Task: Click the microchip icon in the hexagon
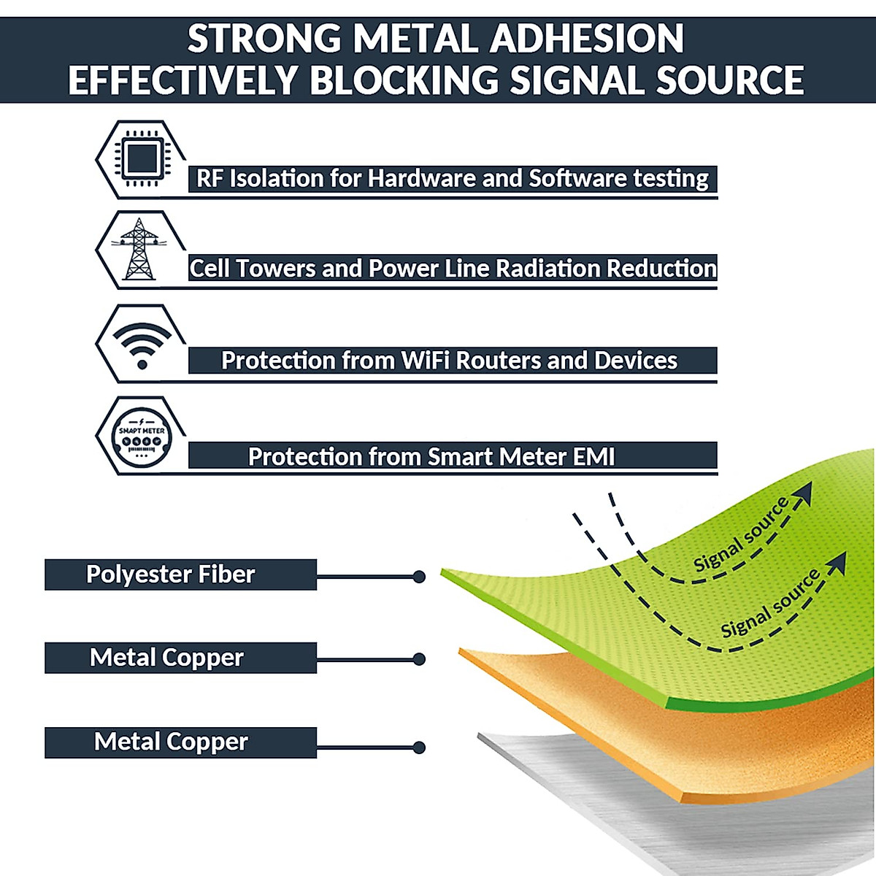pyautogui.click(x=142, y=158)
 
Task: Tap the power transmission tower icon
pyautogui.click(x=139, y=250)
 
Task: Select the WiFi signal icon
pyautogui.click(x=142, y=343)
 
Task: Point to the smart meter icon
pyautogui.click(x=142, y=436)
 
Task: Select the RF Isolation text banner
pyautogui.click(x=453, y=179)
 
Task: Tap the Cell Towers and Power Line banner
pyautogui.click(x=453, y=269)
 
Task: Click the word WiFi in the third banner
pyautogui.click(x=426, y=361)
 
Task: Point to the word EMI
pyautogui.click(x=593, y=457)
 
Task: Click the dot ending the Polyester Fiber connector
pyautogui.click(x=419, y=577)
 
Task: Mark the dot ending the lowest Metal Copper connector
pyautogui.click(x=419, y=748)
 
